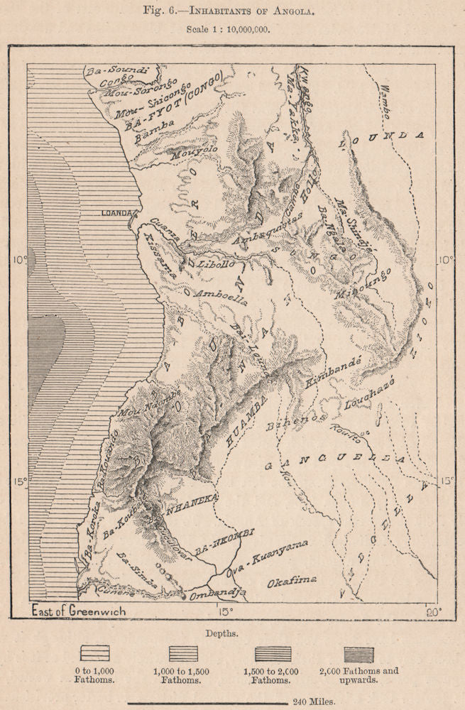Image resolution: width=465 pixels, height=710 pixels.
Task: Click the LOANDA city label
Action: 116,213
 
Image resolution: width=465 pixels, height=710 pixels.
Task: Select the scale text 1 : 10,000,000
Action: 231,31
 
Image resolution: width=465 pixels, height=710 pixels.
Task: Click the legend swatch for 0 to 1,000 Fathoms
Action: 94,653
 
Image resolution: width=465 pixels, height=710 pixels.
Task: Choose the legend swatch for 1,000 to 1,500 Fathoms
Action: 184,653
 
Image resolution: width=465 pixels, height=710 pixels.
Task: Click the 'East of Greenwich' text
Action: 78,611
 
